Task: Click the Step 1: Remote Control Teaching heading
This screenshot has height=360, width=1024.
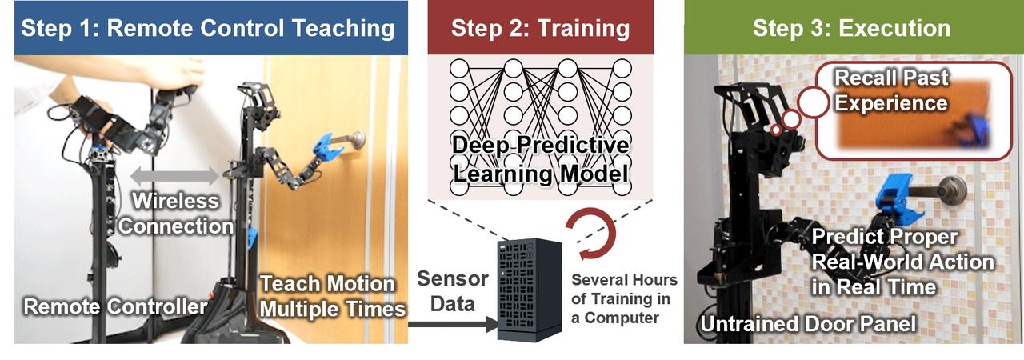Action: [208, 30]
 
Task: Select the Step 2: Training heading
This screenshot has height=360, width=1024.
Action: [540, 30]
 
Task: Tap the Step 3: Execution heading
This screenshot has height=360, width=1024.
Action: [851, 30]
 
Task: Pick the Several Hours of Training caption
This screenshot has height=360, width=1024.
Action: [625, 299]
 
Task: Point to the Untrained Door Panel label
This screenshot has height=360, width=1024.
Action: [808, 325]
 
